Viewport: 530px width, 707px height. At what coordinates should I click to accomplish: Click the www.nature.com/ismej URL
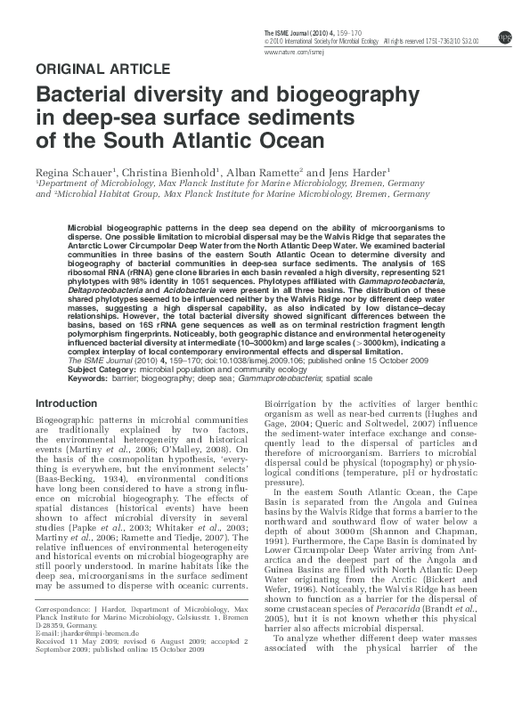pos(290,53)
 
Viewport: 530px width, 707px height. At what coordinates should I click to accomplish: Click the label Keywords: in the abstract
pos(86,378)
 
